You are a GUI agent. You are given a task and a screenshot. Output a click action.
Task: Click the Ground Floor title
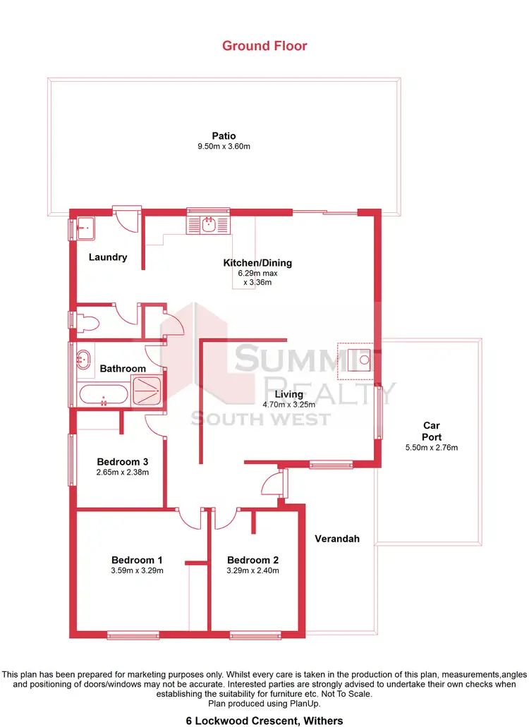point(264,46)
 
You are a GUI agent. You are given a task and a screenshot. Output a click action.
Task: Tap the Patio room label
point(224,136)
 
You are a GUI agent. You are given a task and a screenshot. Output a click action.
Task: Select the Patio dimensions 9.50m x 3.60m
point(224,147)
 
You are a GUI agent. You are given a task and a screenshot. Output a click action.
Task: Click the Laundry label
point(108,257)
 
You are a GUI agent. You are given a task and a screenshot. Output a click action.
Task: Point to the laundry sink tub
point(86,228)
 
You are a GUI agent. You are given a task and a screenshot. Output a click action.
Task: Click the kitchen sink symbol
point(209,225)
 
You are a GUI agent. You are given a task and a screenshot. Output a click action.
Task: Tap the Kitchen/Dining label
point(257,263)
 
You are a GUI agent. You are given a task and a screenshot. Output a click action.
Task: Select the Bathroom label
point(123,368)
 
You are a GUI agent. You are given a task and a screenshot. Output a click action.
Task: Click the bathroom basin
point(83,359)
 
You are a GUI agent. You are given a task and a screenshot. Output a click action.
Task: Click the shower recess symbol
point(149,390)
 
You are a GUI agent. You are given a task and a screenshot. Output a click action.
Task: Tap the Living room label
point(289,394)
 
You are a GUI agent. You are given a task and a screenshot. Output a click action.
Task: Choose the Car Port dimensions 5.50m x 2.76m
point(432,448)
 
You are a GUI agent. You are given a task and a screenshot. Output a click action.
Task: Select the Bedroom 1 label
point(138,560)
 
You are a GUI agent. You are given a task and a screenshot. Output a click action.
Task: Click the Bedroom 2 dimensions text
point(253,570)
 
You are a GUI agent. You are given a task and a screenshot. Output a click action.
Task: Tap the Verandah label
point(337,539)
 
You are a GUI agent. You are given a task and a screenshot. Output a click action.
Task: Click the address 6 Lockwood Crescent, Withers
point(264,720)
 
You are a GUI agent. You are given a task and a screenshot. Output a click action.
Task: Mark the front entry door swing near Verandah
point(272,485)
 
